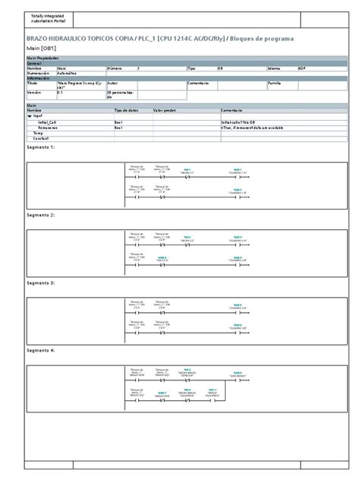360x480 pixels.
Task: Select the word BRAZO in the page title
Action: tap(39, 38)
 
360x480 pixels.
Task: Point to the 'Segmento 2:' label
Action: tap(41, 215)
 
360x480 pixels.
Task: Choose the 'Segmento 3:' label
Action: tap(41, 283)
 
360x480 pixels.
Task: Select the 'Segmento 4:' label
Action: tap(41, 350)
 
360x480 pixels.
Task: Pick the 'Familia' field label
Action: tap(275, 82)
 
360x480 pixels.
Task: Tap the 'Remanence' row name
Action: tap(46, 127)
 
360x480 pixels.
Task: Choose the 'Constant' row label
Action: tap(41, 138)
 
